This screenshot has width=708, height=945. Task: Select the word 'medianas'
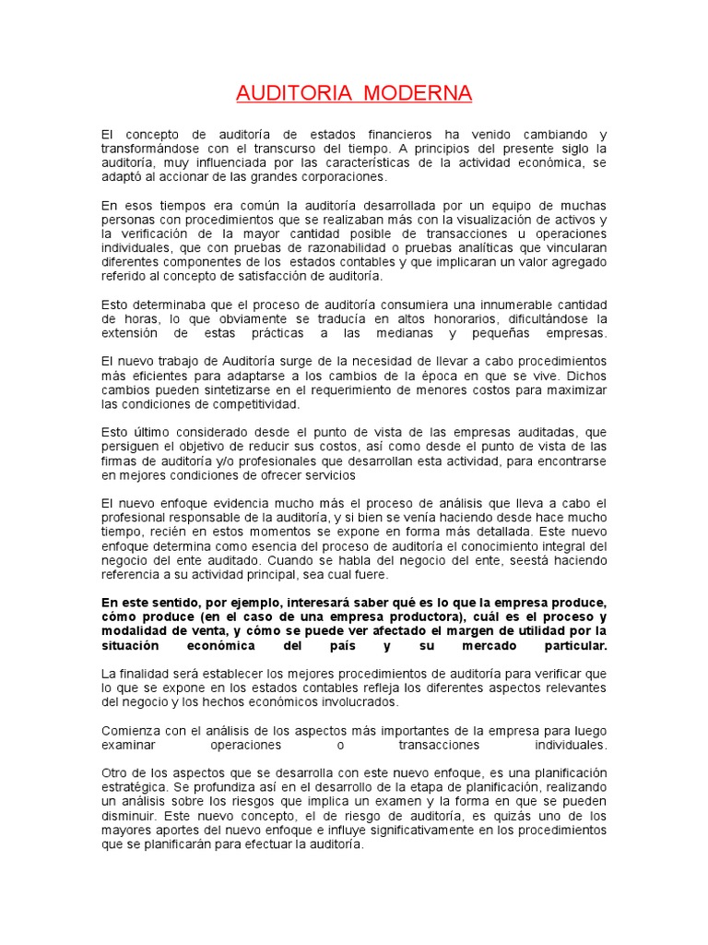pos(400,333)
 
